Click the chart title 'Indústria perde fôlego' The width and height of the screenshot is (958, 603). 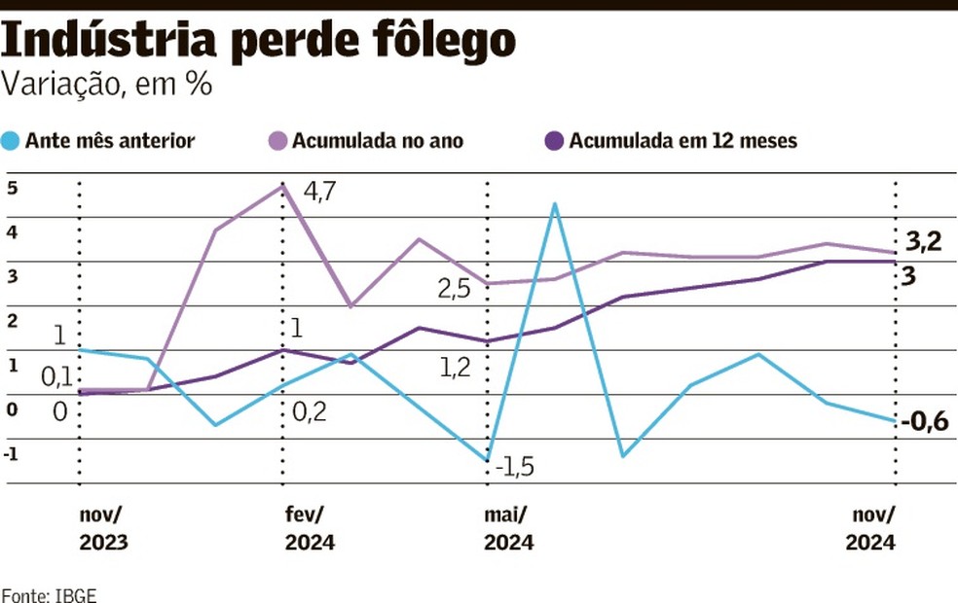259,40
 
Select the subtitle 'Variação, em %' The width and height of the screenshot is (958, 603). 107,85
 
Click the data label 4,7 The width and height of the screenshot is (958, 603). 320,192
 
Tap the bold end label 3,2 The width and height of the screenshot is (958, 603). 923,242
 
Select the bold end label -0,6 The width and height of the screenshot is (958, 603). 924,422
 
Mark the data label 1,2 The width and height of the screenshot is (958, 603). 456,367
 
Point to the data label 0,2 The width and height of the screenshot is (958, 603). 310,412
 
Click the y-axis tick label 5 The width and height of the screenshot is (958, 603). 13,188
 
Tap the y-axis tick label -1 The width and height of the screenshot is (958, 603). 12,453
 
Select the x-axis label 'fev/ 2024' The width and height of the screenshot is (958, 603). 310,529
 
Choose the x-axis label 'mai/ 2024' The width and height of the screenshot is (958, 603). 509,529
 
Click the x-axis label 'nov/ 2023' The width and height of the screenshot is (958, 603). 103,529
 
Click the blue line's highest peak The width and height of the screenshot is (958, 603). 554,204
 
